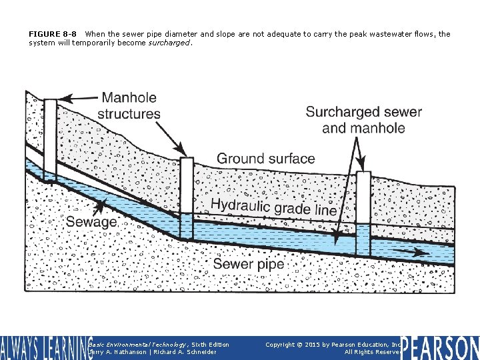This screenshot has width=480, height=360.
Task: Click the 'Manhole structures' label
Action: tap(129, 106)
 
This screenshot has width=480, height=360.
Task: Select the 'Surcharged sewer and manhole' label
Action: tap(363, 119)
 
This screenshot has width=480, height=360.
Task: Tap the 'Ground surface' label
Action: tap(265, 159)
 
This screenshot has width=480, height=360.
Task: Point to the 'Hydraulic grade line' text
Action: tap(273, 207)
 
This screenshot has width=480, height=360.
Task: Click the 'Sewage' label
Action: tap(91, 221)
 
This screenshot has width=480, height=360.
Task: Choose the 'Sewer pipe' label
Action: tap(248, 265)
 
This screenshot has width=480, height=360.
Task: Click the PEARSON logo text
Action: tap(439, 347)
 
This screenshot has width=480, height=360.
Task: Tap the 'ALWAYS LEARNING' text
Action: tap(43, 348)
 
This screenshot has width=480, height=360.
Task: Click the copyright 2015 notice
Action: tap(331, 345)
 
